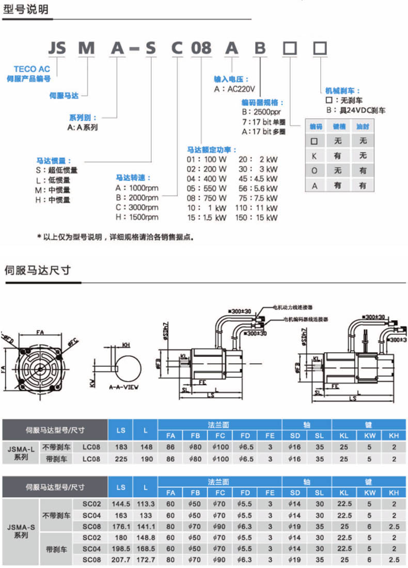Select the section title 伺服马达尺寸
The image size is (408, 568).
point(37,270)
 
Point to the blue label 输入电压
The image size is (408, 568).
point(231,80)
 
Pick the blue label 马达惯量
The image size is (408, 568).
point(54,161)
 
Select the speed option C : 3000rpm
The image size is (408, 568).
point(137,208)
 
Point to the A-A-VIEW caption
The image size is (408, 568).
point(123,386)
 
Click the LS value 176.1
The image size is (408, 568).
point(121,527)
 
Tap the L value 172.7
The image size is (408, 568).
point(146,560)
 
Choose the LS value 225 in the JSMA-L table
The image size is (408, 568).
point(121,459)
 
